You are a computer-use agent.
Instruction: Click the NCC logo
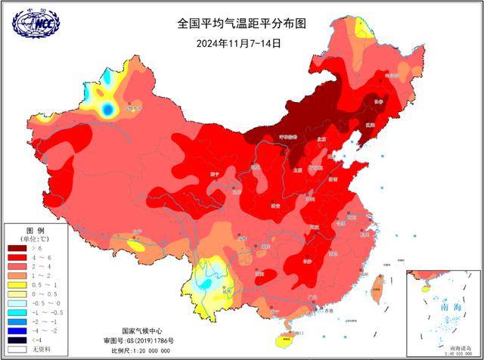[x=36, y=24]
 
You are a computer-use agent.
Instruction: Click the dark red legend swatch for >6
[x=17, y=247]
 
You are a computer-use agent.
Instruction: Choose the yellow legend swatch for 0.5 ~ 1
[x=17, y=284]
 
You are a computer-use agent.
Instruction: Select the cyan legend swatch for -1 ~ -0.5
[x=17, y=312]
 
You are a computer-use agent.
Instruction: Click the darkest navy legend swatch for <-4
[x=17, y=340]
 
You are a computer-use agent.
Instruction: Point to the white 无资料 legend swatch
[x=17, y=349]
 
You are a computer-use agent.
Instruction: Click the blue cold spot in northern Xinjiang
[x=108, y=110]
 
